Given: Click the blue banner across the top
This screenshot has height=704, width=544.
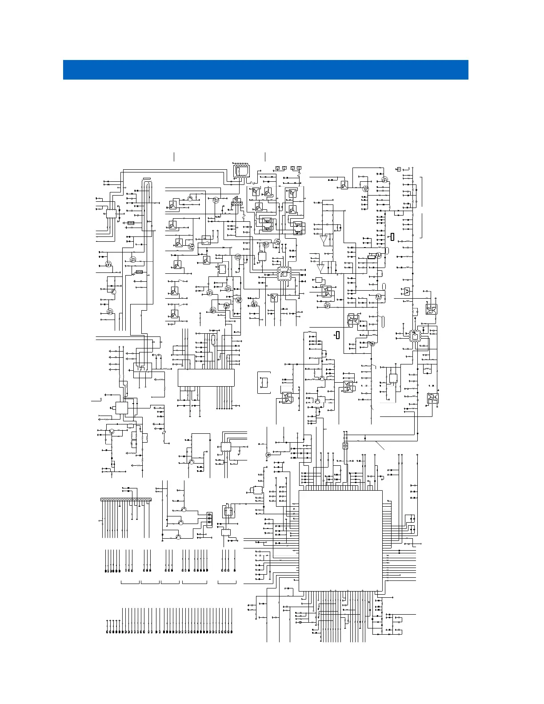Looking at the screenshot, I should [x=265, y=70].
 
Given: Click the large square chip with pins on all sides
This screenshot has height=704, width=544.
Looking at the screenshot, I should [x=340, y=540].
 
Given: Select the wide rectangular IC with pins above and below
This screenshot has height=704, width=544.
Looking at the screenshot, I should [x=206, y=377].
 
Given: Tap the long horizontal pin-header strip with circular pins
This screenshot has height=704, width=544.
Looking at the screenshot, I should [x=126, y=500].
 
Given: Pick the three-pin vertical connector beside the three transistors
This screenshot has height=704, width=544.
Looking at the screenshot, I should [x=209, y=520].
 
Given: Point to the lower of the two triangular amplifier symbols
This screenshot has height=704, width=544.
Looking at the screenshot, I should [x=321, y=268].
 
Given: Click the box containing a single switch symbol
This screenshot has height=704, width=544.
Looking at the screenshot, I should [x=206, y=240].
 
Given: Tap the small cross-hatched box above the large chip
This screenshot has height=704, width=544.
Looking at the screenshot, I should [x=345, y=446].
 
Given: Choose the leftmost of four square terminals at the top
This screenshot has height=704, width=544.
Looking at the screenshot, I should [x=277, y=168].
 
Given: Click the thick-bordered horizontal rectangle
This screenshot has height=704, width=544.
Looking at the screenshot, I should [x=372, y=256].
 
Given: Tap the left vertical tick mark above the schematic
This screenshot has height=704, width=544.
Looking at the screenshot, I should [x=174, y=156].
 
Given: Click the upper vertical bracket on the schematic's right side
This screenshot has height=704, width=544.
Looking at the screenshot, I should [x=422, y=192].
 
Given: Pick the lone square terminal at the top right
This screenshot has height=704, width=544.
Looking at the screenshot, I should [x=399, y=169].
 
